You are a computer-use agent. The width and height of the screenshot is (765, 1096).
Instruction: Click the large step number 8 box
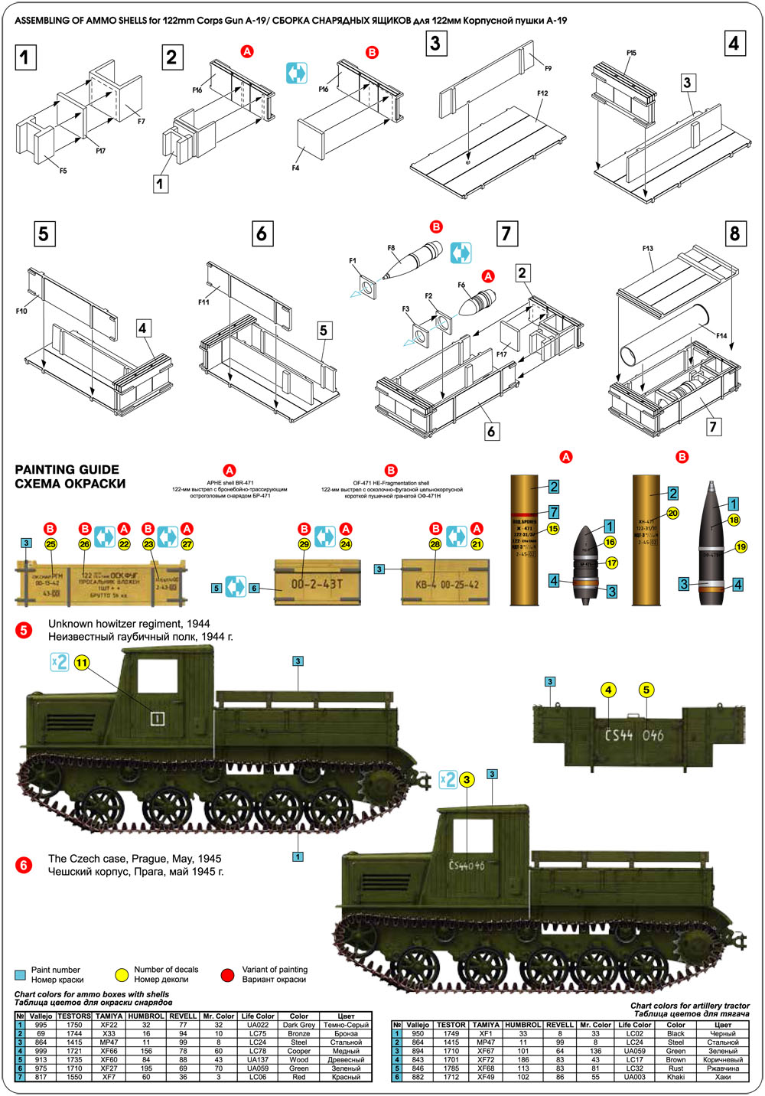[x=735, y=233]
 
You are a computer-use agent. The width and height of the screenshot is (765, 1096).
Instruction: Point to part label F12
[x=542, y=93]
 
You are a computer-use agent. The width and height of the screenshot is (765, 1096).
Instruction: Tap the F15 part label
[x=631, y=53]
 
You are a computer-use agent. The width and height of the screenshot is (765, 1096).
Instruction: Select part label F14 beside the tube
[x=721, y=336]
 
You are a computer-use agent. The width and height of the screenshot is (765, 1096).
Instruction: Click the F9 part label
[x=548, y=69]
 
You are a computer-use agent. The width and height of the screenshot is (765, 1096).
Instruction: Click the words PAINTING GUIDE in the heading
[x=67, y=470]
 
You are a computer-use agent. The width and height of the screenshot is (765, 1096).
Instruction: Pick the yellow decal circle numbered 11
[x=82, y=663]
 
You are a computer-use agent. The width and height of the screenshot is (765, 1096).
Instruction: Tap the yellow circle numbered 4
[x=609, y=690]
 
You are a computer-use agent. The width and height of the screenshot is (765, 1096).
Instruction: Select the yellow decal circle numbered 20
[x=673, y=513]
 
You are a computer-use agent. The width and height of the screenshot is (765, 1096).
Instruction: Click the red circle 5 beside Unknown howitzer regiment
[x=24, y=630]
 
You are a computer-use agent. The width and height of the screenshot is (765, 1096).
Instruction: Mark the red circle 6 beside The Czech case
[x=24, y=865]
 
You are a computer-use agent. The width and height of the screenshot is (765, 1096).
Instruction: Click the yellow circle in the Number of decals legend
[x=122, y=975]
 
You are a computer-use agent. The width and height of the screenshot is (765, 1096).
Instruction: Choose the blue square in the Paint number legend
[x=20, y=975]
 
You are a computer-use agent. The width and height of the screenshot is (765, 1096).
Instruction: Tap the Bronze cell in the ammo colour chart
[x=298, y=1033]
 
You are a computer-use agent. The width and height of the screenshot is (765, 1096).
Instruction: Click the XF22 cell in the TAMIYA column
[x=109, y=1025]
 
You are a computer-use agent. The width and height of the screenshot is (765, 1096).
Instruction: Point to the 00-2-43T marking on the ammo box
[x=317, y=584]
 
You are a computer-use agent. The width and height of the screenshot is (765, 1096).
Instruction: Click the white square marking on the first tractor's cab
[x=157, y=718]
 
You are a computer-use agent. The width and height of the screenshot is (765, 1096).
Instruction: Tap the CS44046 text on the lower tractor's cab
[x=466, y=866]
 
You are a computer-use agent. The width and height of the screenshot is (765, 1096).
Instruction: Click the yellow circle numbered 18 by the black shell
[x=734, y=520]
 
